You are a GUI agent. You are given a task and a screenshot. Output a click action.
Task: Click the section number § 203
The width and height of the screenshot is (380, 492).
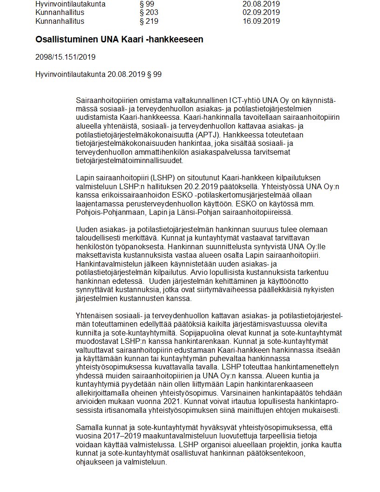[149, 13]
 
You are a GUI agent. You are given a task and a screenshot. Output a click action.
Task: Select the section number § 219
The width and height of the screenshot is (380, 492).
[149, 21]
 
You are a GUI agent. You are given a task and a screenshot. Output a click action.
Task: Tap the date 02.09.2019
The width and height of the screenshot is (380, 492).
[261, 13]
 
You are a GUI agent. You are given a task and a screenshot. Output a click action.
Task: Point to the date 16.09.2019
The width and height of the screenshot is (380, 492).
[261, 21]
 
